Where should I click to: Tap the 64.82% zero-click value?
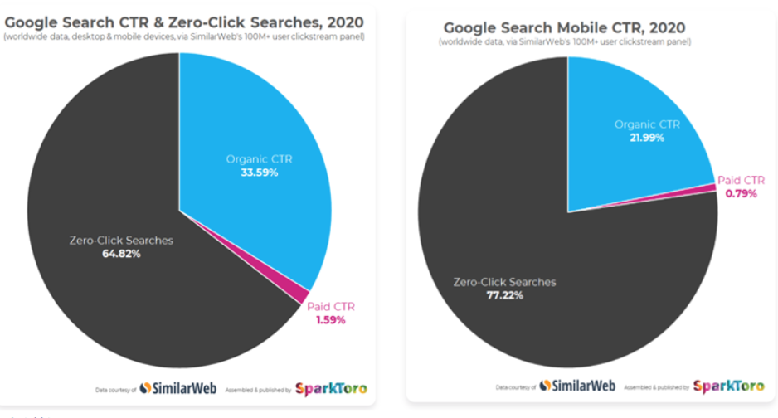(x=122, y=254)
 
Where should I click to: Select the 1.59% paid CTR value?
(x=330, y=319)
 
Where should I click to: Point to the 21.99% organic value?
(x=648, y=138)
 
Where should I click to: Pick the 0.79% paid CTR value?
(x=740, y=194)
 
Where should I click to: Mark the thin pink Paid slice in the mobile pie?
(x=708, y=188)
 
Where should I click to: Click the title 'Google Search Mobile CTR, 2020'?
(x=567, y=28)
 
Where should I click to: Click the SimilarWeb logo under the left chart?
(x=173, y=388)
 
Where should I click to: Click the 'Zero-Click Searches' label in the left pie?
(x=122, y=241)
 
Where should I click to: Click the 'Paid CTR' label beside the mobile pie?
(x=741, y=180)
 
